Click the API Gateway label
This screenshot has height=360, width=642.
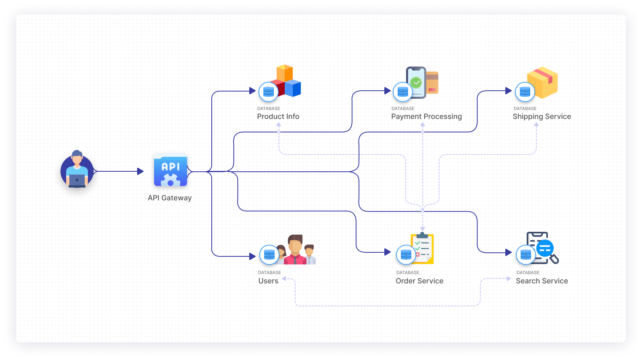[170, 198]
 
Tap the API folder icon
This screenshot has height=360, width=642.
[171, 170]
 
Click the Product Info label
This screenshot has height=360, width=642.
[278, 117]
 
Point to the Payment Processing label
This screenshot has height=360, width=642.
[427, 117]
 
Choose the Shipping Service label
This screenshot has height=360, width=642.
[542, 117]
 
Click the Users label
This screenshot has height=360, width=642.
[268, 281]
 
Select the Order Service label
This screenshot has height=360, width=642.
[419, 281]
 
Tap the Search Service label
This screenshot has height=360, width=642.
[542, 281]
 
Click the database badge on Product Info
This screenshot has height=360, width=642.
[269, 92]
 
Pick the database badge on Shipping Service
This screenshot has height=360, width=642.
[525, 92]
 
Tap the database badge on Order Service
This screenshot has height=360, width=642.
[406, 254]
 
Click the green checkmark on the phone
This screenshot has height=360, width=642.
[416, 83]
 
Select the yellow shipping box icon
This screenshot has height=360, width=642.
[542, 83]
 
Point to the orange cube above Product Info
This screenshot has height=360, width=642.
[285, 73]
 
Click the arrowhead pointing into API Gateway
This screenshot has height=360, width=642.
[140, 171]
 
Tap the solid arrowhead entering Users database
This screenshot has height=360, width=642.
[252, 256]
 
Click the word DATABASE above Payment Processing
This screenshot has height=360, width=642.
[403, 108]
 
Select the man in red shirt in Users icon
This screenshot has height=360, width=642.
[295, 250]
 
